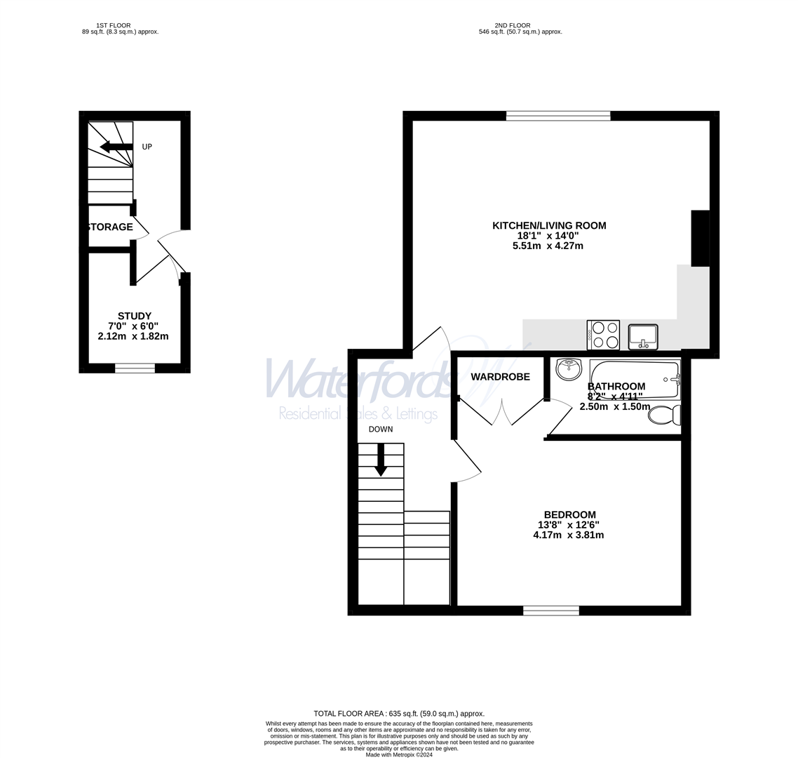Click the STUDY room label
(134, 316)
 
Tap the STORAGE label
(110, 227)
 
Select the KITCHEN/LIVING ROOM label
(549, 225)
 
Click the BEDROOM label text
(569, 514)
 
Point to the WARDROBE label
(500, 377)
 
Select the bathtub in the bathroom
(635, 379)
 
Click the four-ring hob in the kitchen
(603, 335)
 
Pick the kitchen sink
(643, 336)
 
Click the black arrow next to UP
(116, 147)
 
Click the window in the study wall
(135, 368)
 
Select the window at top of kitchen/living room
(558, 116)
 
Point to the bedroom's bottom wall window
(551, 611)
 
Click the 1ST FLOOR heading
(113, 25)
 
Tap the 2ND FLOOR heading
(512, 25)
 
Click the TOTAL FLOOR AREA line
(399, 714)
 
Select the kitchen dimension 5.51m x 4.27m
(548, 246)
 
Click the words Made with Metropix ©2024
(399, 754)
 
